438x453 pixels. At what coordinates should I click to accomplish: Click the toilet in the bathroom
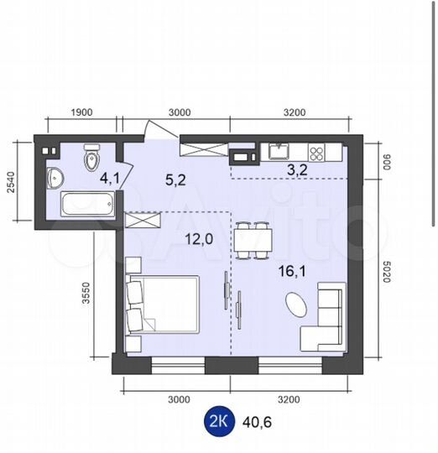click(x=91, y=159)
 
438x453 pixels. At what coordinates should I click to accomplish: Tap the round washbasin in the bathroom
click(x=55, y=178)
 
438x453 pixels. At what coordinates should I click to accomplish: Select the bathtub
click(x=88, y=204)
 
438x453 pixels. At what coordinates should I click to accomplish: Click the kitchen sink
click(x=279, y=151)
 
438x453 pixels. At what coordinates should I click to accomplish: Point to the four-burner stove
click(x=316, y=153)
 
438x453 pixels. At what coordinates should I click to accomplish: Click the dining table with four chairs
click(x=253, y=241)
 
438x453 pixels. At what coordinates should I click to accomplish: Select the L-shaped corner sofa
click(x=324, y=317)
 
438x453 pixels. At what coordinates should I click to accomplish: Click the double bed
click(x=163, y=305)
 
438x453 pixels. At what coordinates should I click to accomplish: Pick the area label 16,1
click(x=292, y=271)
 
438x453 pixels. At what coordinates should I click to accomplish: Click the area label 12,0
click(x=199, y=239)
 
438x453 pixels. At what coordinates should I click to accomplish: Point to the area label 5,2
click(x=175, y=180)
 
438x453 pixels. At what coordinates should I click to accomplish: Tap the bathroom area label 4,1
click(x=109, y=179)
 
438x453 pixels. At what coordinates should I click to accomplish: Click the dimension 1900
click(x=81, y=112)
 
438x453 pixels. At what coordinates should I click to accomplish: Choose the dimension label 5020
click(x=387, y=272)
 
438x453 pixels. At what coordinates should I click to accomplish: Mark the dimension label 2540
click(x=10, y=182)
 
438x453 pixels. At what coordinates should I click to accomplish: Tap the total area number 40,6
click(x=257, y=423)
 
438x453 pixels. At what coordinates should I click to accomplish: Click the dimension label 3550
click(x=86, y=293)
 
